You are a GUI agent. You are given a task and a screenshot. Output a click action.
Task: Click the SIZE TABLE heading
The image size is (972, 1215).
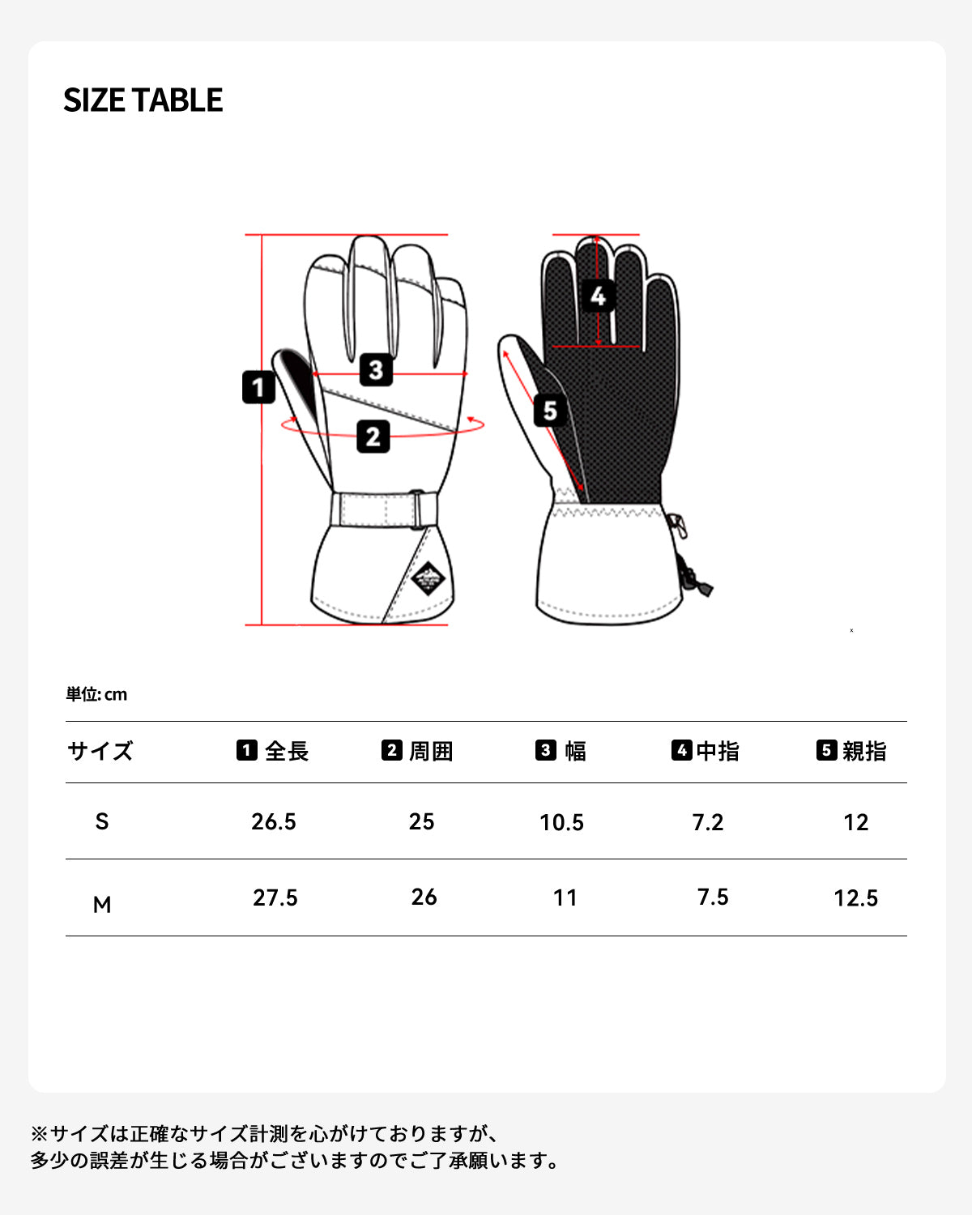pyautogui.click(x=143, y=100)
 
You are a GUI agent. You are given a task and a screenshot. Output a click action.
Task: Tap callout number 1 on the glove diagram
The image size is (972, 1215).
pyautogui.click(x=258, y=387)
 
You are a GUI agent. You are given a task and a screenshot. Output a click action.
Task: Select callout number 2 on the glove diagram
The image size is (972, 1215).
pyautogui.click(x=373, y=437)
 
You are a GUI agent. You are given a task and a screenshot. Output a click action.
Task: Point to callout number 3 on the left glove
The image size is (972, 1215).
pyautogui.click(x=376, y=370)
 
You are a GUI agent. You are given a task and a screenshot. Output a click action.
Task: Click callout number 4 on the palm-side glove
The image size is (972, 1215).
pyautogui.click(x=598, y=296)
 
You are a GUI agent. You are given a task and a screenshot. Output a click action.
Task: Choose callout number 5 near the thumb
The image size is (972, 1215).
pyautogui.click(x=550, y=411)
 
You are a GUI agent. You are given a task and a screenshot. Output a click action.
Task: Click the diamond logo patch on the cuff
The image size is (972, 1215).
pyautogui.click(x=428, y=578)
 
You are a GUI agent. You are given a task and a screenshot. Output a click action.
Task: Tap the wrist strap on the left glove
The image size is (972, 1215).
pyautogui.click(x=384, y=509)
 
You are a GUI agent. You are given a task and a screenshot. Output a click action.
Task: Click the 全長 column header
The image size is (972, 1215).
pyautogui.click(x=273, y=751)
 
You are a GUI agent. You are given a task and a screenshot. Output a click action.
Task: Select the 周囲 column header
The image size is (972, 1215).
pyautogui.click(x=417, y=751)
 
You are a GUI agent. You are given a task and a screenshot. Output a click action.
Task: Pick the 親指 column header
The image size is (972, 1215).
pyautogui.click(x=851, y=751)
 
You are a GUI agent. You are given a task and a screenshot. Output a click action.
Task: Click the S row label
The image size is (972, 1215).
pyautogui.click(x=102, y=821)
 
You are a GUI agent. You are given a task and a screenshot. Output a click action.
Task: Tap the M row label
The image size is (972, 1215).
pyautogui.click(x=102, y=905)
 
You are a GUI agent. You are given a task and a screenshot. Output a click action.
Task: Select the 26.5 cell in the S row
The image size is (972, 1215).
pyautogui.click(x=274, y=821)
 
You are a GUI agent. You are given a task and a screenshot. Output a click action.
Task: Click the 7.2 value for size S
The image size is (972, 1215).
pyautogui.click(x=708, y=822)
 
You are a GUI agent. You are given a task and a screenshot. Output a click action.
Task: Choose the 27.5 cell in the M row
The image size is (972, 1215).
pyautogui.click(x=275, y=897)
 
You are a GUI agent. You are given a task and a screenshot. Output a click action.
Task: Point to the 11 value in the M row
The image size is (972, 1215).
pyautogui.click(x=565, y=897)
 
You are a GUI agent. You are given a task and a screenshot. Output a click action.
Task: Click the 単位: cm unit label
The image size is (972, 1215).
pyautogui.click(x=96, y=694)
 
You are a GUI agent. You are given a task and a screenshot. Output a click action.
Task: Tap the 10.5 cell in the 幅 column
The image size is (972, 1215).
pyautogui.click(x=562, y=822)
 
